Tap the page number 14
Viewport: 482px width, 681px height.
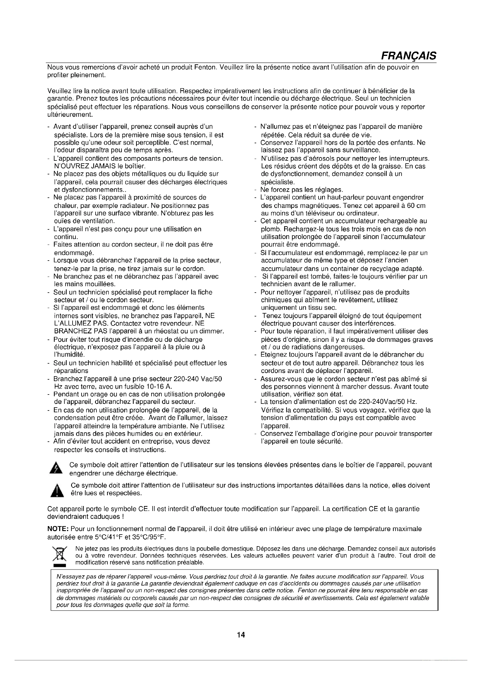[241, 635]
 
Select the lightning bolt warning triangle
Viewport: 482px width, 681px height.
[57, 468]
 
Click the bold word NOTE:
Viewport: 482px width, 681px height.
[58, 529]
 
